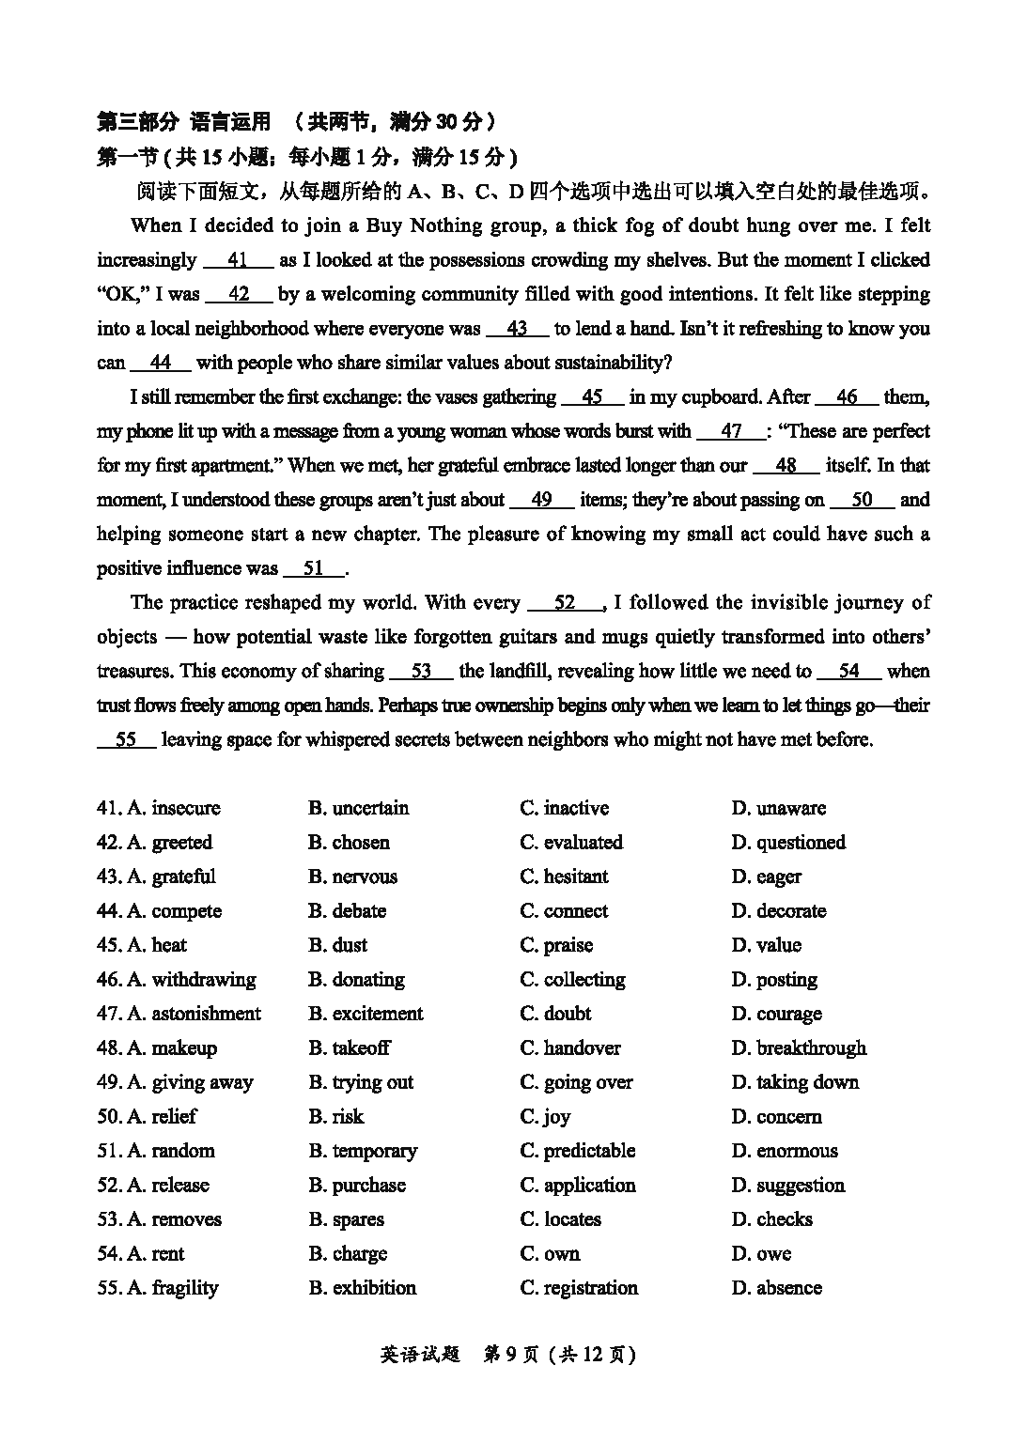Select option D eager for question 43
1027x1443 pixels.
(x=767, y=877)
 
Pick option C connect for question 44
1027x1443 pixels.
(x=564, y=911)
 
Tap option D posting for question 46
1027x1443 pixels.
(x=774, y=980)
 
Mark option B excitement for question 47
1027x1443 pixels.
(x=366, y=1014)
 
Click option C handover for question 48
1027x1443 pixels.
(x=570, y=1048)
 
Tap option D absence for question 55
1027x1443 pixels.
(x=777, y=1288)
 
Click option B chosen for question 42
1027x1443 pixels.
(x=349, y=843)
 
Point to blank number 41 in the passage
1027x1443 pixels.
(x=237, y=260)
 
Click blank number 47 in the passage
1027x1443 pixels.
(x=731, y=431)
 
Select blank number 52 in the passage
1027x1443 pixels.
(x=565, y=603)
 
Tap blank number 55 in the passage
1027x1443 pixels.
(x=126, y=739)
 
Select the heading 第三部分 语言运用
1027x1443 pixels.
(x=184, y=121)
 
